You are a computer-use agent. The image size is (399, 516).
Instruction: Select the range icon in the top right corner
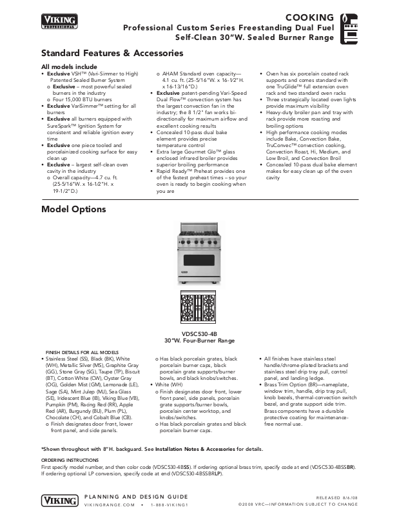(351, 25)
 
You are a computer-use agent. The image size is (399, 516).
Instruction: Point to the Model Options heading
(73, 210)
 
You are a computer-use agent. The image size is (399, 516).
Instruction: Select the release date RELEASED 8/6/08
(355, 497)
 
